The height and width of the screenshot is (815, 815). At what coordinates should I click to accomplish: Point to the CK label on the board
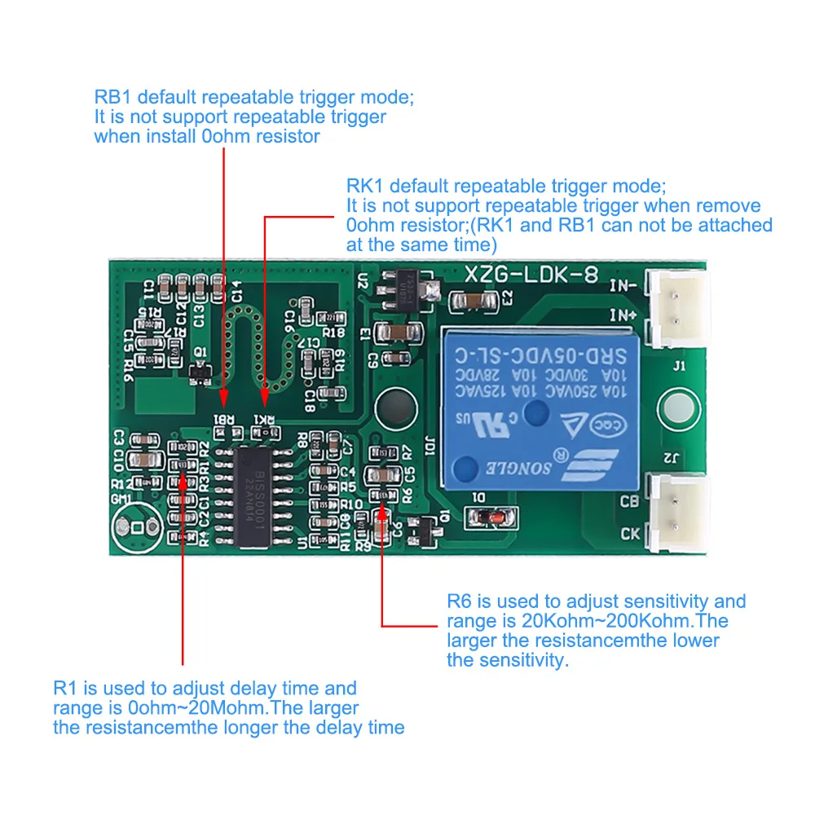click(630, 534)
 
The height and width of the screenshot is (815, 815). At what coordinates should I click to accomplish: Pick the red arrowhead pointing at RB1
click(223, 399)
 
